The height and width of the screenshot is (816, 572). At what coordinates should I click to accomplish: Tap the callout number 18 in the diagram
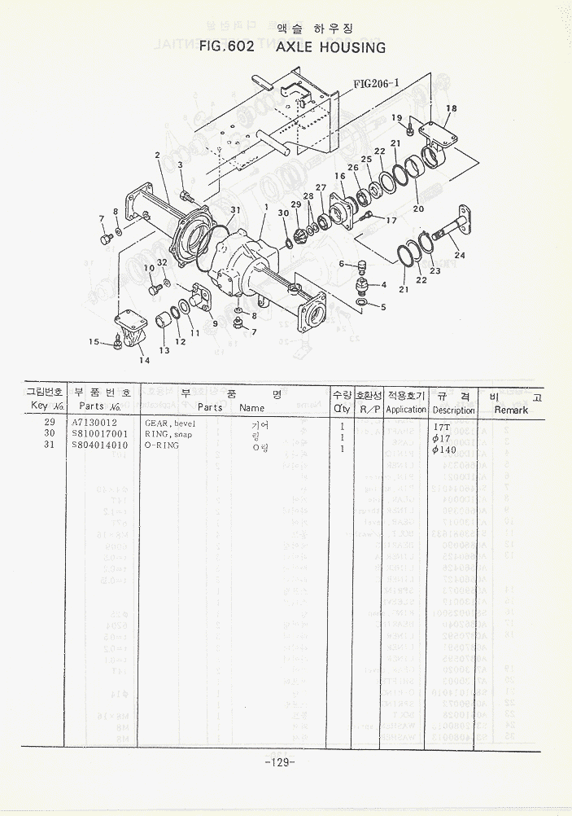pyautogui.click(x=452, y=108)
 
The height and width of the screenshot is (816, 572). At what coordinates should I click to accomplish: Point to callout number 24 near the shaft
pyautogui.click(x=461, y=255)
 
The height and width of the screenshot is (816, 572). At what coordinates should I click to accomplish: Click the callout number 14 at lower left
pyautogui.click(x=144, y=360)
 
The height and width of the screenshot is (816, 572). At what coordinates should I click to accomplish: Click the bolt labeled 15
pyautogui.click(x=116, y=346)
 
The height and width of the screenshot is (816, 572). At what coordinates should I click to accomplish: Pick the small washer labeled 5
pyautogui.click(x=361, y=305)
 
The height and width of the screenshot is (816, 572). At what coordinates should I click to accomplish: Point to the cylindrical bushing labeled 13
pyautogui.click(x=164, y=320)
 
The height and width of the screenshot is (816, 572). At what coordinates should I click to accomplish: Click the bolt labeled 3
pyautogui.click(x=186, y=195)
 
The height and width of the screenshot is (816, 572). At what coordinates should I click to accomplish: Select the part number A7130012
pyautogui.click(x=94, y=424)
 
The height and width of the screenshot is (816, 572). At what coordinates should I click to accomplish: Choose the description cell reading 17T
pyautogui.click(x=441, y=426)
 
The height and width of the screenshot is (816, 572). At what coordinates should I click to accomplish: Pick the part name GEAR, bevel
pyautogui.click(x=170, y=424)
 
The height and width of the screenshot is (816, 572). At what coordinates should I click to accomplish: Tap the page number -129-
pyautogui.click(x=279, y=762)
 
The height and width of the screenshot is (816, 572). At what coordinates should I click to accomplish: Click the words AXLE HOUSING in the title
pyautogui.click(x=331, y=48)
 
